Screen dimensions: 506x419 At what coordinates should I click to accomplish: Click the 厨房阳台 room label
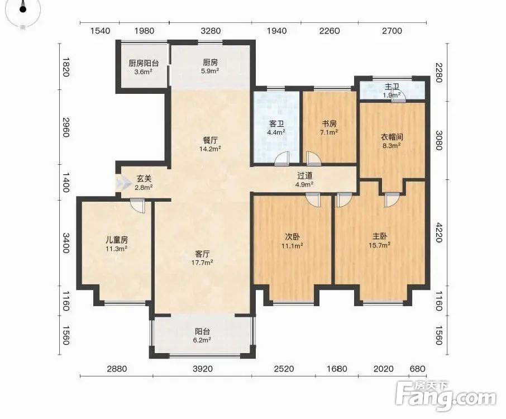pyautogui.click(x=144, y=63)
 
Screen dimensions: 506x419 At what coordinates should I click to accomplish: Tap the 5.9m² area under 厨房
pyautogui.click(x=210, y=71)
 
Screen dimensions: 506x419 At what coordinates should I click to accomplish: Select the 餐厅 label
pyautogui.click(x=210, y=140)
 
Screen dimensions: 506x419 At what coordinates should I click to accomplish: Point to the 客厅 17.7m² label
pyautogui.click(x=202, y=258)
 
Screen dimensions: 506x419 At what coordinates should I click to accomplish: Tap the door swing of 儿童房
pyautogui.click(x=138, y=205)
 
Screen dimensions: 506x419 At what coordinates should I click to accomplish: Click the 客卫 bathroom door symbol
pyautogui.click(x=281, y=159)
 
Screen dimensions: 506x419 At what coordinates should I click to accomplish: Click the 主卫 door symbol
pyautogui.click(x=397, y=97)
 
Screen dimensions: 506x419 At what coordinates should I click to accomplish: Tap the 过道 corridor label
pyautogui.click(x=305, y=175)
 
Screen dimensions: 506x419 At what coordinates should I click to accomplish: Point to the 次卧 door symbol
pyautogui.click(x=313, y=199)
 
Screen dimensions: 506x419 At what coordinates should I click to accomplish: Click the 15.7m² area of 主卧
pyautogui.click(x=380, y=245)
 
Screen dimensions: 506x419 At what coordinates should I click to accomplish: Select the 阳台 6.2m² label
pyautogui.click(x=203, y=335)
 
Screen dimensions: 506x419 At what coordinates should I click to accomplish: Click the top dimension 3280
pyautogui.click(x=211, y=31)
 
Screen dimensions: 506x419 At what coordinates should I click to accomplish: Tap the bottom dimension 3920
pyautogui.click(x=203, y=369)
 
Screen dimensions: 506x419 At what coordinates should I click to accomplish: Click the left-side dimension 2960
pyautogui.click(x=66, y=127)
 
